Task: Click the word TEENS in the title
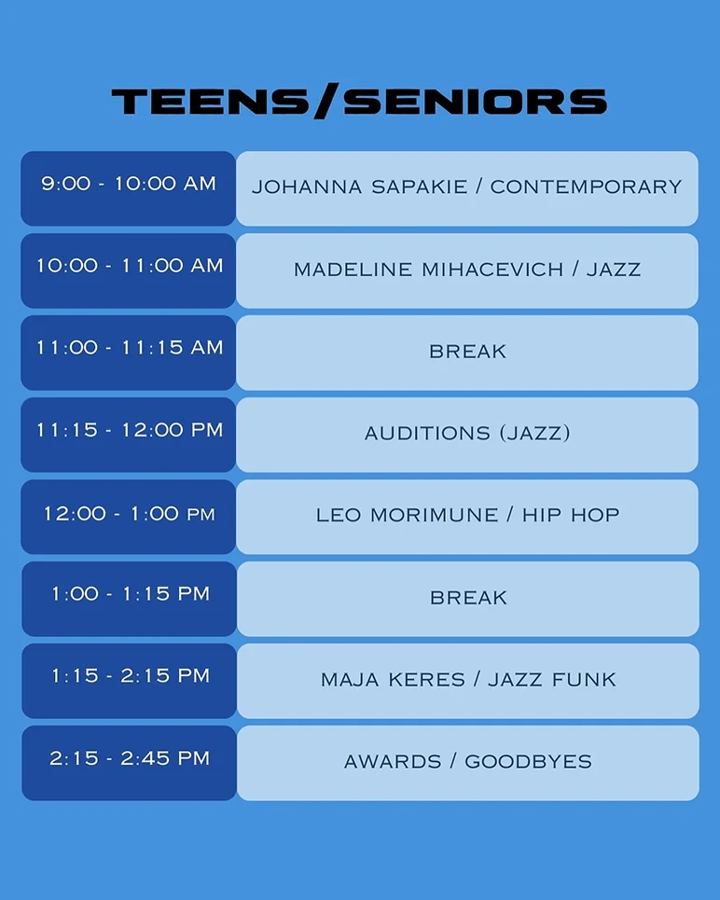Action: click(210, 102)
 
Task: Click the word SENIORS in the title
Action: click(475, 102)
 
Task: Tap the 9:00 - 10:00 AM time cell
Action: click(129, 188)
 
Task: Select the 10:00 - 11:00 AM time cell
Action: click(129, 270)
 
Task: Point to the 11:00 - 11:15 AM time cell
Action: click(129, 353)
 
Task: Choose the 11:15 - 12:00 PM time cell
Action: click(129, 435)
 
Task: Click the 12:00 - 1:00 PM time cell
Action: click(129, 517)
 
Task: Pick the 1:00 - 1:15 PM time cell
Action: click(130, 599)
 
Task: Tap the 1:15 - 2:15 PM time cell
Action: click(130, 681)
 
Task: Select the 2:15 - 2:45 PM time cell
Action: click(130, 763)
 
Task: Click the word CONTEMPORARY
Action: click(586, 187)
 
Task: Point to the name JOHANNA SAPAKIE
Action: click(359, 187)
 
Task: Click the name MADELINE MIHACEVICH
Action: click(428, 270)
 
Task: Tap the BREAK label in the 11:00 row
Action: click(468, 352)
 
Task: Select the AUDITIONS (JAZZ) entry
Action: click(468, 433)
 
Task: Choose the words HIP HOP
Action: click(571, 515)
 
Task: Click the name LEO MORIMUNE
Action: click(407, 515)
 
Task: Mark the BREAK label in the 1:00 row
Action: click(468, 598)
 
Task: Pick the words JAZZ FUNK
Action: click(552, 680)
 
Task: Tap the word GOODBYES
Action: click(528, 762)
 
